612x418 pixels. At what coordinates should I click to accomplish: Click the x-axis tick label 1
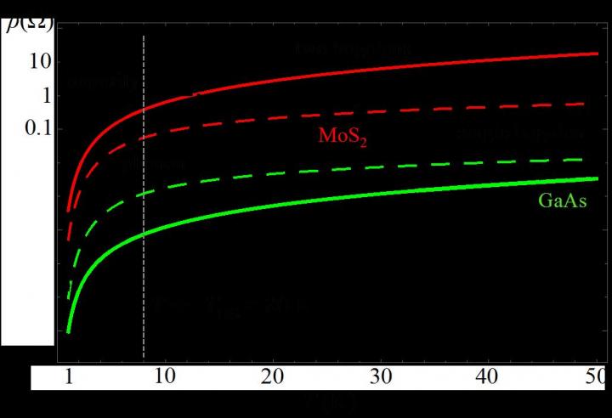coord(71,376)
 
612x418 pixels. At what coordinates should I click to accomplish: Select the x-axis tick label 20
coord(273,376)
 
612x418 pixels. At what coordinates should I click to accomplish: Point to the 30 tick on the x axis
coord(381,376)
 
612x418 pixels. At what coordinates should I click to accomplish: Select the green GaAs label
coord(563,202)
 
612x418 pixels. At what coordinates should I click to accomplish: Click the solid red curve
coord(340,75)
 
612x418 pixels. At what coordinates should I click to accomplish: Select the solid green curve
coord(340,201)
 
